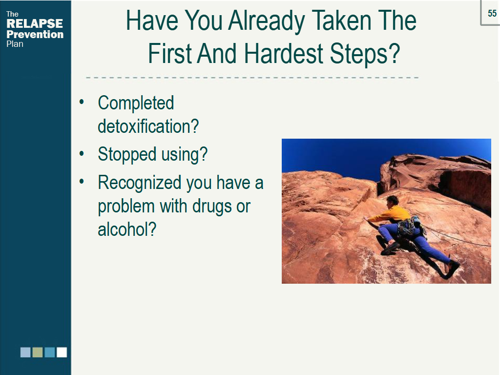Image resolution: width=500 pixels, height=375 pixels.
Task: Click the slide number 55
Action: tap(492, 13)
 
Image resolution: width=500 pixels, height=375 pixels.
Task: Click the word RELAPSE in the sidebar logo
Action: tap(35, 23)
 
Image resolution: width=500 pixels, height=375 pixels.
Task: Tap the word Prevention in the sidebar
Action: tap(35, 34)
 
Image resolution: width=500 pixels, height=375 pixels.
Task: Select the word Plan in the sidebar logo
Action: tap(15, 44)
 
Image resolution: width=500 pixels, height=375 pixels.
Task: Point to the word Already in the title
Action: tap(267, 21)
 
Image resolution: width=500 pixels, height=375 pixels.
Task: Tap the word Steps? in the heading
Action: tap(364, 54)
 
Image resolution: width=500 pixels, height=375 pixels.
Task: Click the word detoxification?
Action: tap(148, 126)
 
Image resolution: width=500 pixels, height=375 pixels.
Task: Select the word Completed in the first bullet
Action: tap(136, 104)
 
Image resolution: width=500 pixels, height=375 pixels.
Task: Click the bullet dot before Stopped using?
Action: tap(82, 154)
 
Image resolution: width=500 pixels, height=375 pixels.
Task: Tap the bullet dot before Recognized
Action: tap(82, 182)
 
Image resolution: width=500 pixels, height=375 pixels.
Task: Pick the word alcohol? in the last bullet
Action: tap(127, 229)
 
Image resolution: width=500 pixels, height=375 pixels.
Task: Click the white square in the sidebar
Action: tap(62, 353)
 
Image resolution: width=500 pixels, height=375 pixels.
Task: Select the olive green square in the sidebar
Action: tap(38, 353)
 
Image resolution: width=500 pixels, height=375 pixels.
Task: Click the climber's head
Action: tap(392, 201)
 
